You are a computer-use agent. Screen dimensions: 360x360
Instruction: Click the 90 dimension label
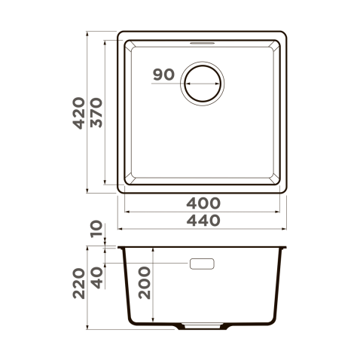click(x=163, y=75)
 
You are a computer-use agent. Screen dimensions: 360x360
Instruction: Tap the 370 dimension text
click(x=96, y=113)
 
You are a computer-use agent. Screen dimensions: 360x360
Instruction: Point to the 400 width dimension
click(x=203, y=203)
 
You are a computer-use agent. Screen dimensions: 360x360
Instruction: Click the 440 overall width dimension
click(x=203, y=221)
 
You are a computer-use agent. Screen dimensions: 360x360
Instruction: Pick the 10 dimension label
click(x=96, y=230)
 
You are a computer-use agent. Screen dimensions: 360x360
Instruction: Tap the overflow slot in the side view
click(x=202, y=264)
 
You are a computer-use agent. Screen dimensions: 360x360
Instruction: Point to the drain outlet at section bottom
click(x=202, y=328)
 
